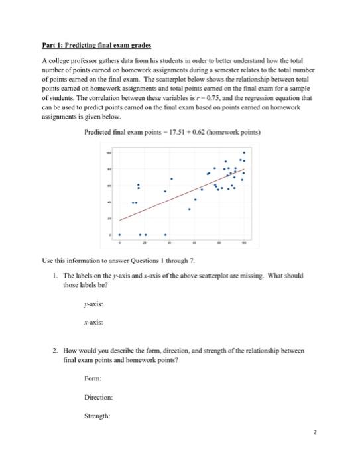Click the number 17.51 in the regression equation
point(178,133)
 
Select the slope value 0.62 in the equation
point(202,133)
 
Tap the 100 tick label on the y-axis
point(110,152)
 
